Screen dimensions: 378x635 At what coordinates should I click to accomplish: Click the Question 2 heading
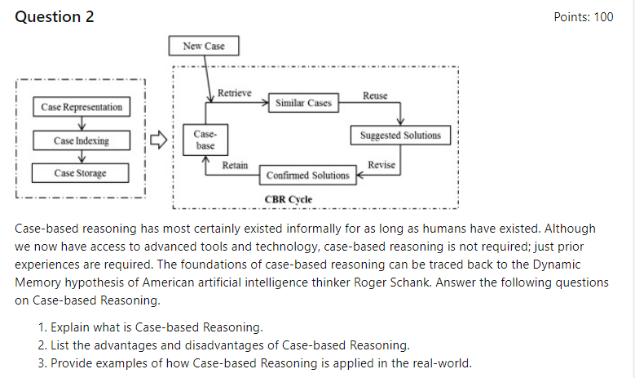[x=55, y=17]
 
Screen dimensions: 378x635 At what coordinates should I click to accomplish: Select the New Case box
[x=204, y=46]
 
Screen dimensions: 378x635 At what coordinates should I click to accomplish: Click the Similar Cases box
[x=303, y=103]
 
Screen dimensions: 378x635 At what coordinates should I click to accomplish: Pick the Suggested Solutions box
[x=400, y=136]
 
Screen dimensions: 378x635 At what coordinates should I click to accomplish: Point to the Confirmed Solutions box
[x=307, y=175]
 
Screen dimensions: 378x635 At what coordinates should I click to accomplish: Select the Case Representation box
[x=82, y=107]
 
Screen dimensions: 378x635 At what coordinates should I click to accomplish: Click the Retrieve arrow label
[x=235, y=92]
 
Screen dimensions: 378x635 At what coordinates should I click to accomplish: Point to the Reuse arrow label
[x=375, y=96]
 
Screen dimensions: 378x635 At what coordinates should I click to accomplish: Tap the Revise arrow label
[x=381, y=165]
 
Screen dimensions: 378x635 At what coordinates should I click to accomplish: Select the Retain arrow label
[x=236, y=165]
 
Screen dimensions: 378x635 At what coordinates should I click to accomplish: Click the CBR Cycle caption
[x=289, y=198]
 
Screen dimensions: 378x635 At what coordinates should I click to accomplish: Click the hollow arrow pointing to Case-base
[x=163, y=139]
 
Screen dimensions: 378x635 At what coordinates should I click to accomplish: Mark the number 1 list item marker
[x=42, y=327]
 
